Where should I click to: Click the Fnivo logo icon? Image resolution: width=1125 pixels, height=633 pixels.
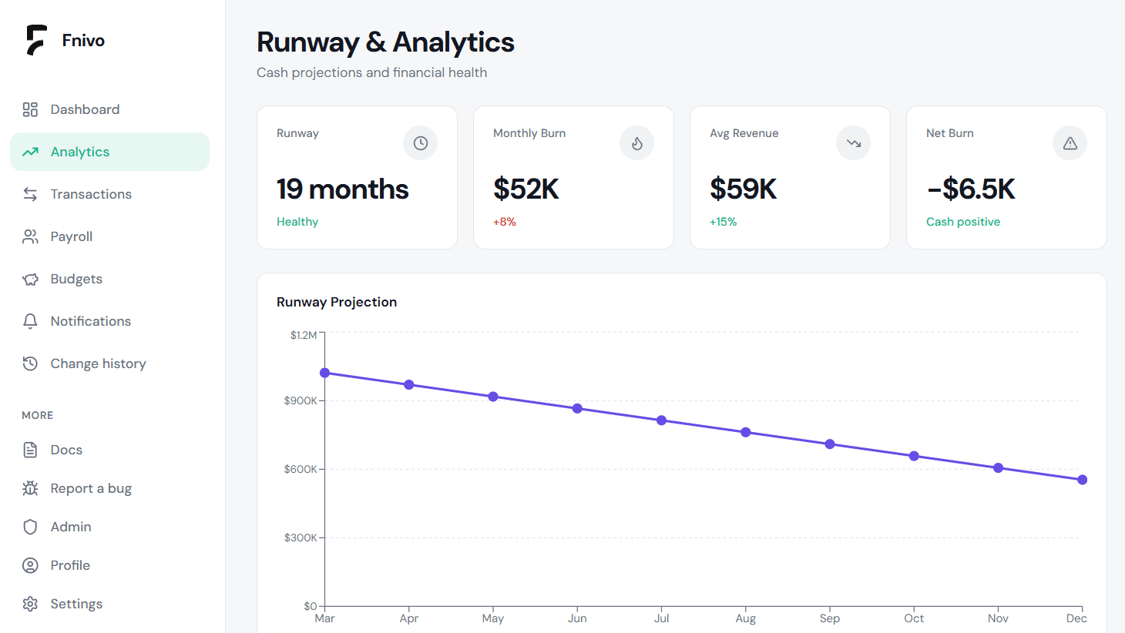pyautogui.click(x=36, y=40)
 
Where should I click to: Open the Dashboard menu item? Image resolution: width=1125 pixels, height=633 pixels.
pyautogui.click(x=85, y=109)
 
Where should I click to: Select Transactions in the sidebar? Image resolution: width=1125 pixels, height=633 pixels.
pyautogui.click(x=91, y=194)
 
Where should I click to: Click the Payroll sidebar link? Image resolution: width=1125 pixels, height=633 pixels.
pyautogui.click(x=71, y=236)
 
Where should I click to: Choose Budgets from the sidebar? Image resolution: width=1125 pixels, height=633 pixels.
pyautogui.click(x=76, y=279)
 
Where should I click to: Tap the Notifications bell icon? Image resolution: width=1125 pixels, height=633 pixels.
pyautogui.click(x=30, y=321)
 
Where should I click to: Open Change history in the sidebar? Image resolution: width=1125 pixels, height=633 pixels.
pyautogui.click(x=98, y=363)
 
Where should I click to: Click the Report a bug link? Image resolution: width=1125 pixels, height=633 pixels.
pyautogui.click(x=91, y=488)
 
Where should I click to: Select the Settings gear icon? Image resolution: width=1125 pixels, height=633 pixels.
pyautogui.click(x=30, y=604)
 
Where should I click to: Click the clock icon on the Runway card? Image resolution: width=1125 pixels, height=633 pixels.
pyautogui.click(x=420, y=143)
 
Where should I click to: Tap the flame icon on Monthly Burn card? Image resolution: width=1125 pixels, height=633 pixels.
pyautogui.click(x=636, y=143)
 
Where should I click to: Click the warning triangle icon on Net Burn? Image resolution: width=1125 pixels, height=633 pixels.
pyautogui.click(x=1070, y=143)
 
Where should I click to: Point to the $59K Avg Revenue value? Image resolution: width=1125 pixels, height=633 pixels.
pyautogui.click(x=743, y=189)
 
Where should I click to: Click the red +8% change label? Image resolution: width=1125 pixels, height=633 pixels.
pyautogui.click(x=505, y=222)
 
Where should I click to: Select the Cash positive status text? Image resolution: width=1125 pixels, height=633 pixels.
pyautogui.click(x=962, y=222)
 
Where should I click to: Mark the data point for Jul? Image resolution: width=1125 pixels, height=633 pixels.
pyautogui.click(x=661, y=420)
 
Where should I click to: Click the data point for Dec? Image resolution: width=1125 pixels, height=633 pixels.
pyautogui.click(x=1082, y=480)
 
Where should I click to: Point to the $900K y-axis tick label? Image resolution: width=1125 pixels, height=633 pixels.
pyautogui.click(x=300, y=400)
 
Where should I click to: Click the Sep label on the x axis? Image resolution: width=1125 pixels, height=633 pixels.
pyautogui.click(x=829, y=618)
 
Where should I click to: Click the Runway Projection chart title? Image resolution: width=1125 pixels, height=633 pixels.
pyautogui.click(x=337, y=302)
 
